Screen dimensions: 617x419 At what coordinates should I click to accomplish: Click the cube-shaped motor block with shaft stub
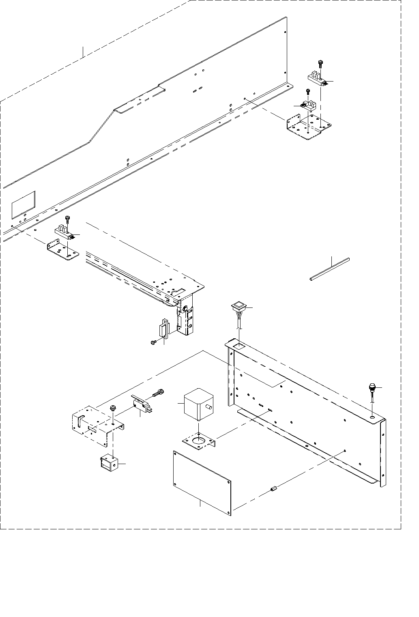198,404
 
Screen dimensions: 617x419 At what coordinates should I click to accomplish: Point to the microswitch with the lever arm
140,405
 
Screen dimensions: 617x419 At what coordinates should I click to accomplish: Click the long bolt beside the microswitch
159,393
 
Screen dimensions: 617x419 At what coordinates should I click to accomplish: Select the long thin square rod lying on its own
329,269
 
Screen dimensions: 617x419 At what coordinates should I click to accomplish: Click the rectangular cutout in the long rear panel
23,203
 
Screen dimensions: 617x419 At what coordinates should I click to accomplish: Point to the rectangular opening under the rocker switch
239,346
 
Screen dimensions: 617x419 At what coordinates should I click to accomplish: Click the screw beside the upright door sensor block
153,343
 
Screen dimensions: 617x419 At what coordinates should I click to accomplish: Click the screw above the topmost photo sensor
320,63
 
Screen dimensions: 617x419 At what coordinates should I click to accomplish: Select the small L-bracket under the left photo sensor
63,251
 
